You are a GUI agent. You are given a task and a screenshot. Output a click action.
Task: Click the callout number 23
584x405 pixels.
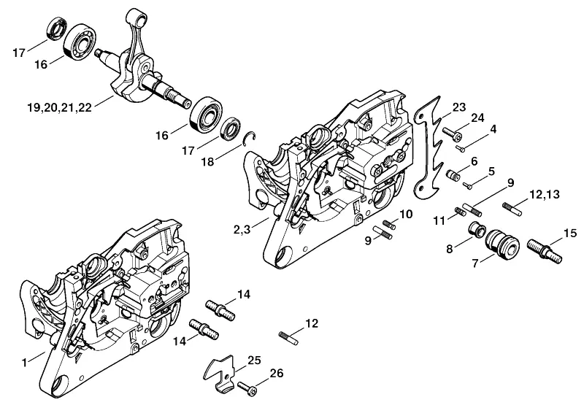[459, 107]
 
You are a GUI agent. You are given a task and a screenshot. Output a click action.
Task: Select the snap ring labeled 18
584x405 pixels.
[249, 138]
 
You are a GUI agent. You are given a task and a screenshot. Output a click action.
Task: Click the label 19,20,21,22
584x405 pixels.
[60, 107]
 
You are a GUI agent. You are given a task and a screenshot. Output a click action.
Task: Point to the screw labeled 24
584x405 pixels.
[452, 134]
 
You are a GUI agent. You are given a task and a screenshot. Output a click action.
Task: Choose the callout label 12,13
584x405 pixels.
[545, 194]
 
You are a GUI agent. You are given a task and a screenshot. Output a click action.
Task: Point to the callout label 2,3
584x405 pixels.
[242, 230]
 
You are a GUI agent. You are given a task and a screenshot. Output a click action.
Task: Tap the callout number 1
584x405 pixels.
[25, 362]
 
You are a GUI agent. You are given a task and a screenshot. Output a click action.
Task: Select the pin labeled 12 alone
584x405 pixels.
[288, 337]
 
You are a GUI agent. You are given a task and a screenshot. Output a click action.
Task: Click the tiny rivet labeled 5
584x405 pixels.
[468, 185]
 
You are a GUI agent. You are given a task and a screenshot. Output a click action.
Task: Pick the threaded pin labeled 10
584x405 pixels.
[389, 225]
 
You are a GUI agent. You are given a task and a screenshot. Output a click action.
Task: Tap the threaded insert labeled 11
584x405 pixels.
[460, 212]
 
